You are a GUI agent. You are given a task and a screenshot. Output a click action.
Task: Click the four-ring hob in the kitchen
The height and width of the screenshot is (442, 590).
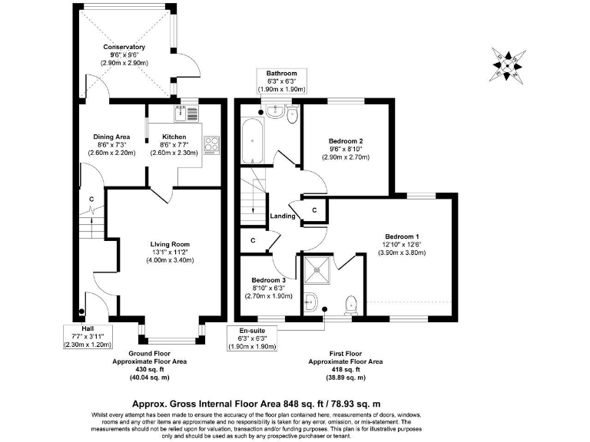pos(212,145)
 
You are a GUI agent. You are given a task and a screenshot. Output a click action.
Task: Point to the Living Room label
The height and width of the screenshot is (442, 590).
pos(170,245)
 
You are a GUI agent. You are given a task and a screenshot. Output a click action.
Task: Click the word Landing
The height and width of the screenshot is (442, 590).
pos(283,216)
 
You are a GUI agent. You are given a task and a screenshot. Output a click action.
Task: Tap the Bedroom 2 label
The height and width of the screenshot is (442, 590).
pos(345,141)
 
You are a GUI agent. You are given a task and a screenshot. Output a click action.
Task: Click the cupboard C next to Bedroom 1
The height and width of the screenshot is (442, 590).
pos(314,209)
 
